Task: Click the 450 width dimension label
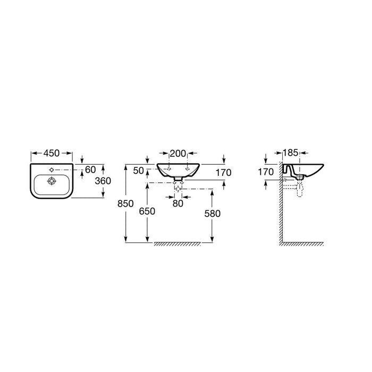(x=52, y=153)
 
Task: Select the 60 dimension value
(x=90, y=170)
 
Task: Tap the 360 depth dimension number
(x=103, y=181)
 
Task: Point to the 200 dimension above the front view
(x=178, y=154)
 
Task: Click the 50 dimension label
(x=138, y=171)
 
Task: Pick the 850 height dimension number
(x=125, y=204)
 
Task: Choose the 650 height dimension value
(x=147, y=211)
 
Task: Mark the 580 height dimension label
(x=213, y=214)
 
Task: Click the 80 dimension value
(x=178, y=204)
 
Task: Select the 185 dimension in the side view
(x=290, y=153)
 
